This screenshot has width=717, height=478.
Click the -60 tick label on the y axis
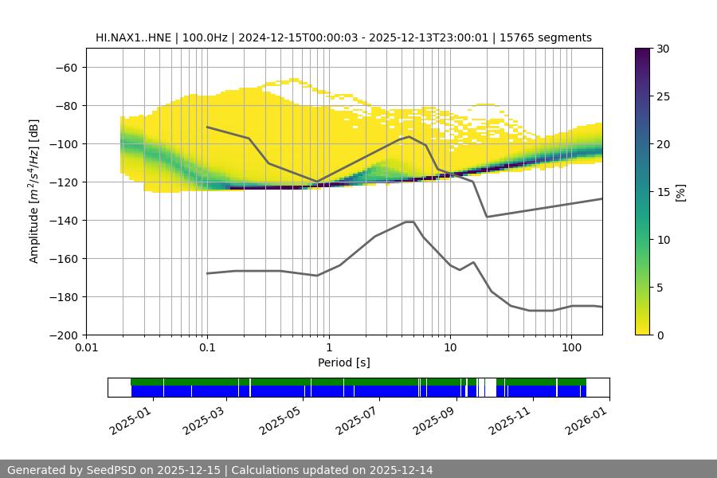pos(65,67)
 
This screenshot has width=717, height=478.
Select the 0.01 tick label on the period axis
pos(86,348)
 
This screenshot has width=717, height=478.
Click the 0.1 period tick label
pos(207,348)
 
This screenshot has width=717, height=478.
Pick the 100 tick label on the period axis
pos(570,348)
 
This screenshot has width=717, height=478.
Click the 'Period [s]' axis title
pos(344,362)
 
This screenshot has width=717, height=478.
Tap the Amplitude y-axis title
pos(34,191)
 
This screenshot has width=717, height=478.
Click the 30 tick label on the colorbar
pos(662,49)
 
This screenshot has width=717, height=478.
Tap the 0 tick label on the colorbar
pos(659,335)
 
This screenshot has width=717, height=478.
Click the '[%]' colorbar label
pos(680,191)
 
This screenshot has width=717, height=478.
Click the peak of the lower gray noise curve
pos(409,221)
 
